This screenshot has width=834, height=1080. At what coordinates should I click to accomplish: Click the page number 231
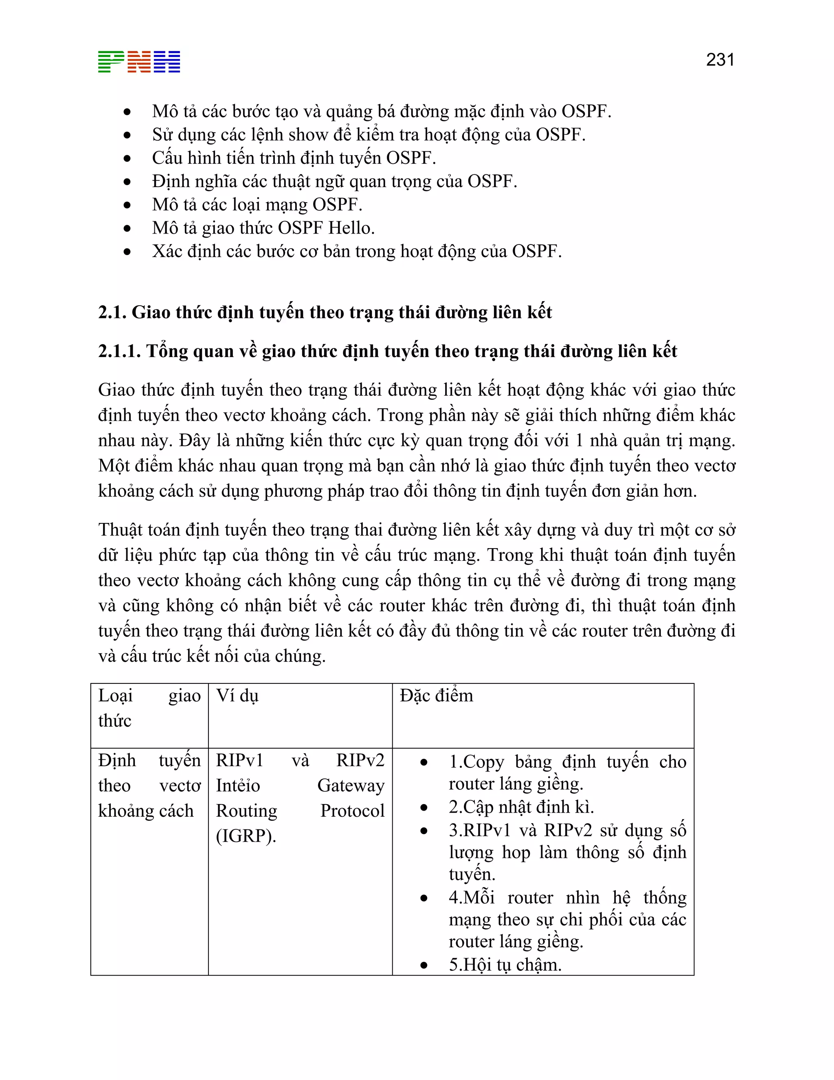coord(720,60)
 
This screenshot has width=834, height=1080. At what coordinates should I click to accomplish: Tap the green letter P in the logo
coord(111,62)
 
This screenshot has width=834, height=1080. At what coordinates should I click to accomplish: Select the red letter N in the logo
coord(139,62)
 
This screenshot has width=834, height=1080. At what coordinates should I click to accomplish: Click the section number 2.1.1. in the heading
coord(119,351)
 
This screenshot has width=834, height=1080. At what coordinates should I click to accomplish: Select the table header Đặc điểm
coord(436,696)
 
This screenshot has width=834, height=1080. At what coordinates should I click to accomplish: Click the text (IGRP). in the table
coord(246,836)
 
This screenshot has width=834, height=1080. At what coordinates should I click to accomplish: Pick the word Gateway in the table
coord(351,785)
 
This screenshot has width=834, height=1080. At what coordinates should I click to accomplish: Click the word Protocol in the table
coord(352,811)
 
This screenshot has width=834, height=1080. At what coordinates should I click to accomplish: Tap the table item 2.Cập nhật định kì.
coord(521,807)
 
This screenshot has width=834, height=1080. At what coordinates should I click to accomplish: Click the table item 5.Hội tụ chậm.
coord(505,965)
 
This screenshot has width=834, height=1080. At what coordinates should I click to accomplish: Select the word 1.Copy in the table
coord(476,762)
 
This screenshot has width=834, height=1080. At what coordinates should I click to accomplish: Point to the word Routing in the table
coord(246,811)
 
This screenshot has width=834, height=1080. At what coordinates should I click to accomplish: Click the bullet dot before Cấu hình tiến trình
coord(127,158)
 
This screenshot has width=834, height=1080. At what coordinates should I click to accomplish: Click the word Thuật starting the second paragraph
coord(121,530)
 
